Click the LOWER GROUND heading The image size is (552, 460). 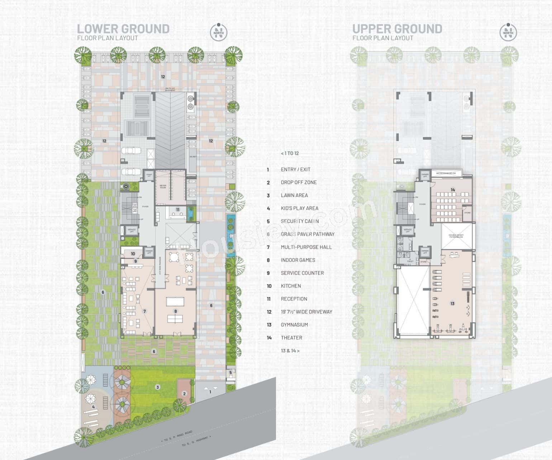[123, 29]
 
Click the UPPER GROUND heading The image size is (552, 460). [397, 29]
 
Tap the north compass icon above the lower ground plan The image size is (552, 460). [218, 32]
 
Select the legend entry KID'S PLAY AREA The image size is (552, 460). [299, 208]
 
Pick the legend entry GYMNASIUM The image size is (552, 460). [294, 325]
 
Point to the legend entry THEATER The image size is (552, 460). [291, 338]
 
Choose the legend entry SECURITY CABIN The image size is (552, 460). [300, 221]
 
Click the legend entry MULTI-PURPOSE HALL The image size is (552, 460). [306, 247]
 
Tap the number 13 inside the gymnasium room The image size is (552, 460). [452, 304]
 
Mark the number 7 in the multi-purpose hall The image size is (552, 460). [144, 311]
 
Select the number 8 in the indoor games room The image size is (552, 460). [176, 311]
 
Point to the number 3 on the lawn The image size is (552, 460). [157, 387]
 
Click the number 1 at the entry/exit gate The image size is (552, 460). [210, 392]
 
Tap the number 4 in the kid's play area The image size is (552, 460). [94, 407]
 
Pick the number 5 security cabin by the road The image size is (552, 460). [230, 373]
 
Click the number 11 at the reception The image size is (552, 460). [178, 209]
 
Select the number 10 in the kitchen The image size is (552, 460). [133, 254]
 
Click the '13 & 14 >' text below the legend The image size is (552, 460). [290, 350]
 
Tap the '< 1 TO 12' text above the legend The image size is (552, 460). [290, 153]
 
